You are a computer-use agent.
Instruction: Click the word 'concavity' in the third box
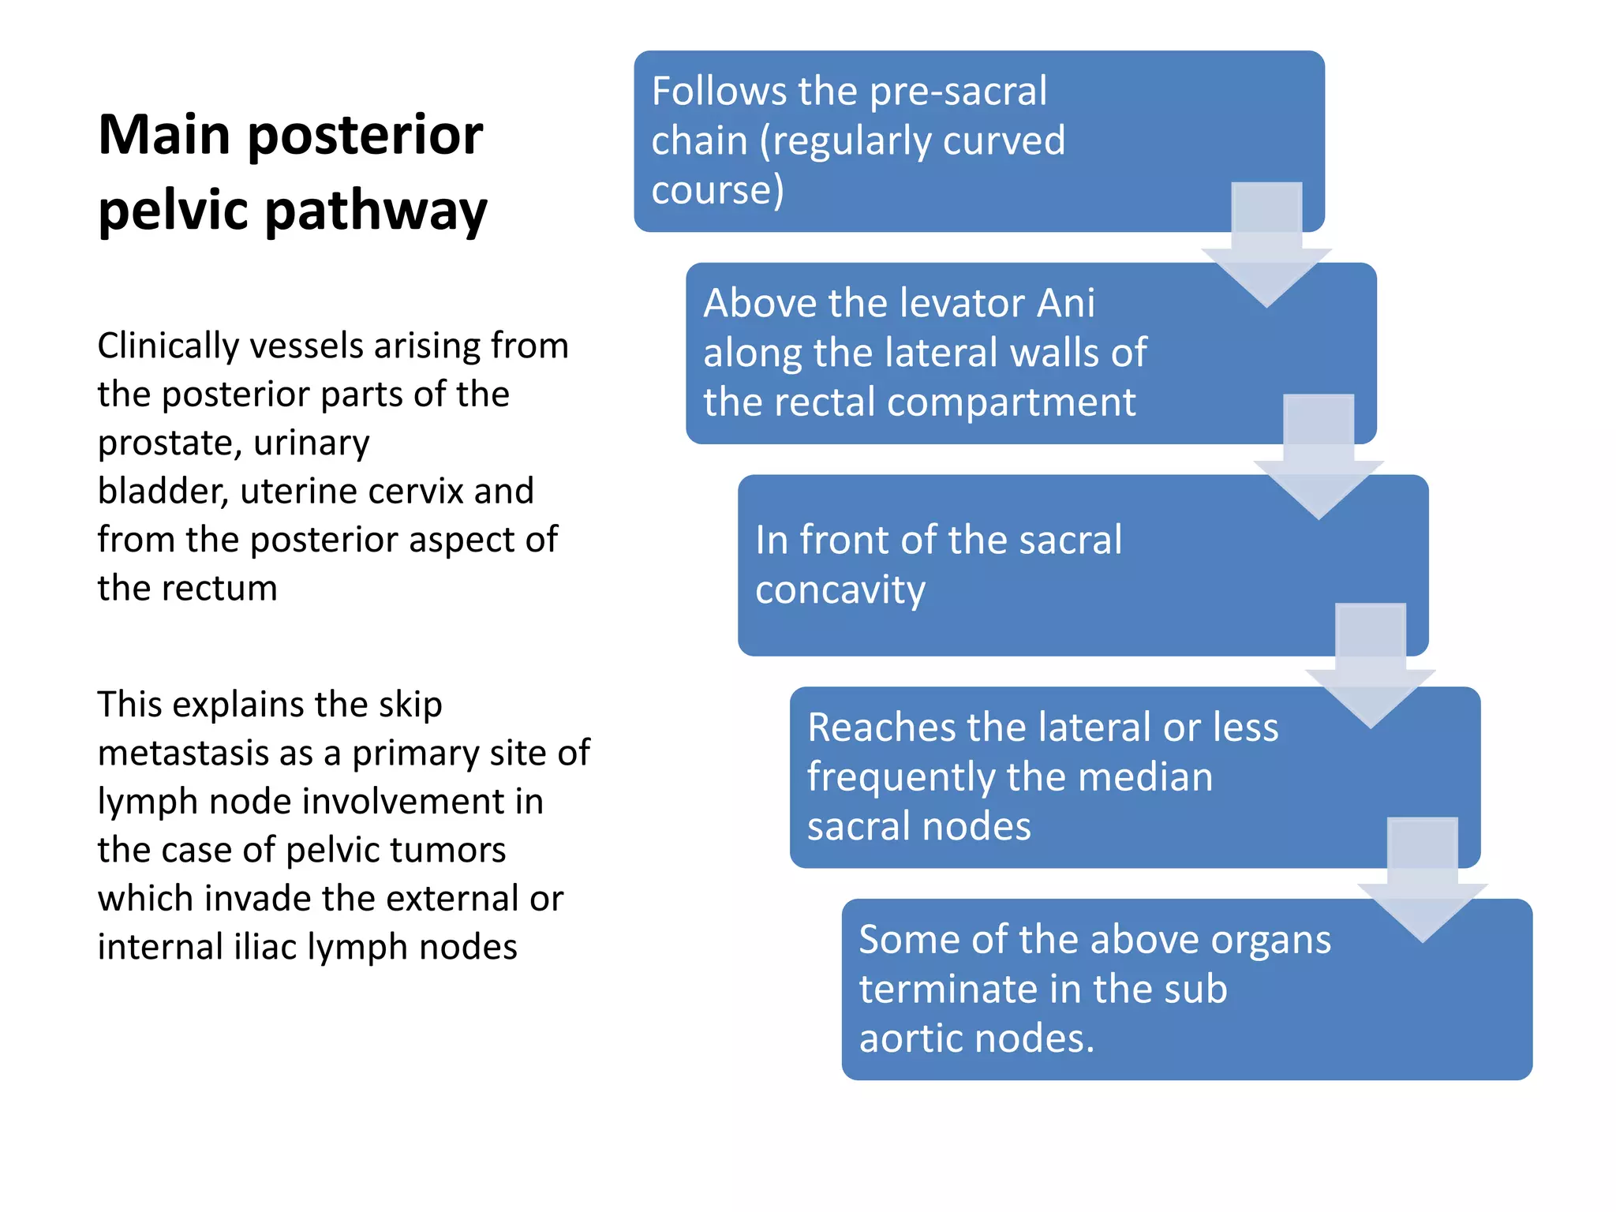(x=840, y=590)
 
